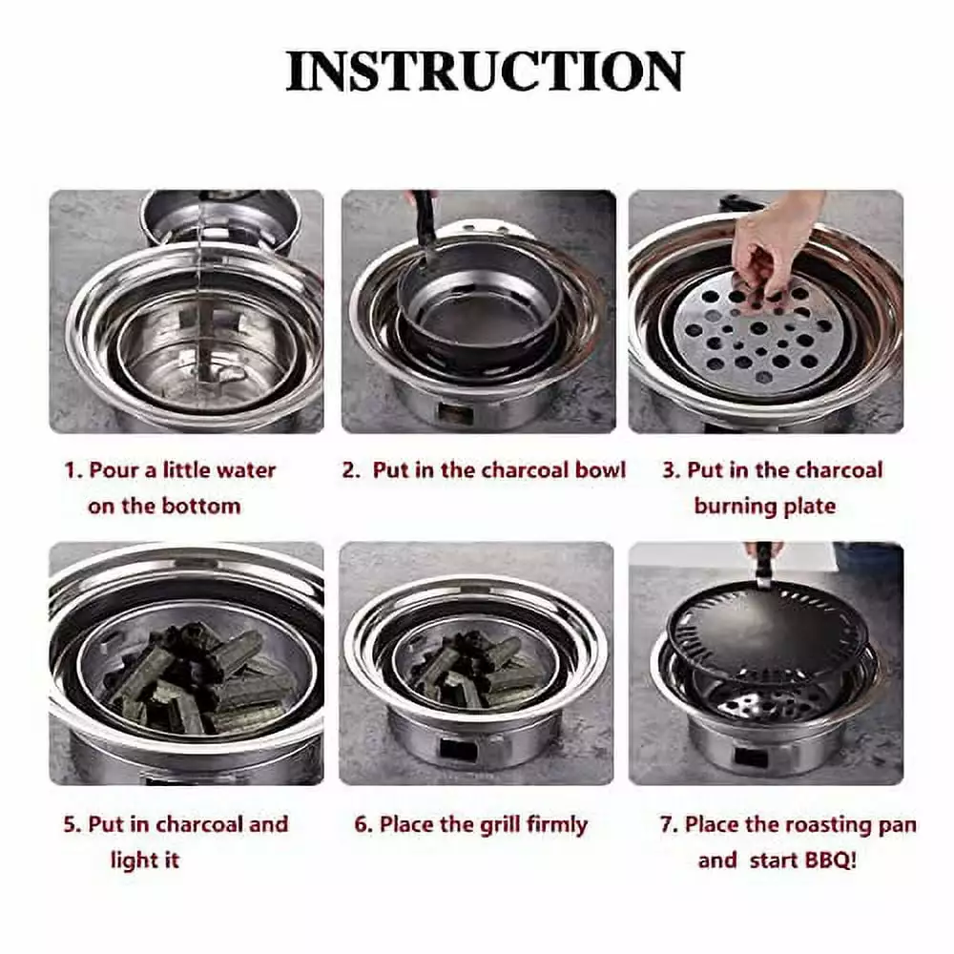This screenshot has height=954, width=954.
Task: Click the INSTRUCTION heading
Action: click(485, 72)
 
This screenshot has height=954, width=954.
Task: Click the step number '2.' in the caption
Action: click(352, 470)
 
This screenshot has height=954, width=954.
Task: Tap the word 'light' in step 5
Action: click(136, 861)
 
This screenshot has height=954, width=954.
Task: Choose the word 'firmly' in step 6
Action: click(558, 825)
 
